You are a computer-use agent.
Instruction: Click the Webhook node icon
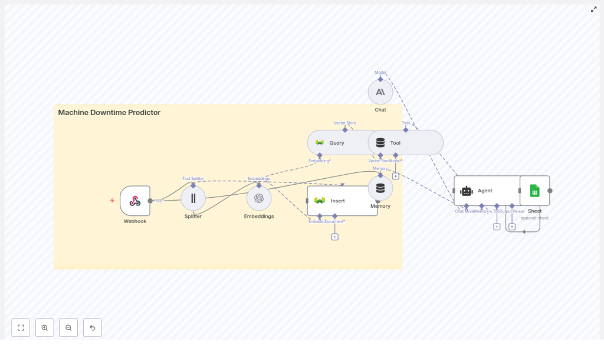[x=134, y=201]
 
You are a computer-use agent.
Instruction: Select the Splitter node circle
[x=193, y=198]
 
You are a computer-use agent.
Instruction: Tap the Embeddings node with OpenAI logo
[x=259, y=198]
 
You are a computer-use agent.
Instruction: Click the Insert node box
[x=342, y=201]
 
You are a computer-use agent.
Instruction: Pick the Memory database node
[x=380, y=188]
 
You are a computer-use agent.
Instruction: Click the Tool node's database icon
[x=380, y=143]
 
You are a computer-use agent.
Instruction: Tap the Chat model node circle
[x=380, y=92]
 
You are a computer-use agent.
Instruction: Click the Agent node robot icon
[x=467, y=191]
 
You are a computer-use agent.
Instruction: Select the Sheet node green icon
[x=534, y=191]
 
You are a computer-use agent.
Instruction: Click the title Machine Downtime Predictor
[x=109, y=113]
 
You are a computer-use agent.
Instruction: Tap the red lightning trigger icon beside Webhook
[x=112, y=201]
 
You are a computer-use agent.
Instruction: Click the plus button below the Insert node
[x=334, y=237]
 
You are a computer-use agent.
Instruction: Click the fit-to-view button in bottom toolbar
[x=21, y=328]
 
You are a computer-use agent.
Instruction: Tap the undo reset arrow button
[x=92, y=328]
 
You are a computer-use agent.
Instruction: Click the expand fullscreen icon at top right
[x=593, y=9]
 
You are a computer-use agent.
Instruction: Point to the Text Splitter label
[x=193, y=178]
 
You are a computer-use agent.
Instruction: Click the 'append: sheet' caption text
[x=534, y=218]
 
